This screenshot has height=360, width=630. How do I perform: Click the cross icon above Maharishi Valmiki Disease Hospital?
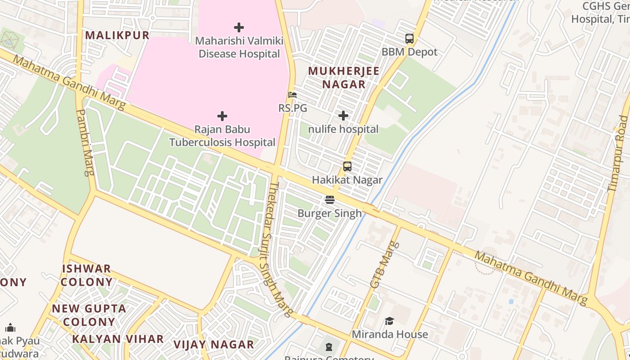tap(239, 27)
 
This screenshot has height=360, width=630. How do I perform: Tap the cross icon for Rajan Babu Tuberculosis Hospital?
tap(222, 116)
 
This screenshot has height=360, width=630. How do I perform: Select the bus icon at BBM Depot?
tap(409, 39)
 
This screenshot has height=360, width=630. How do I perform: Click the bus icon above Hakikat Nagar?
tap(347, 166)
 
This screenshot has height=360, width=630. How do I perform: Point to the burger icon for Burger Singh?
tap(330, 199)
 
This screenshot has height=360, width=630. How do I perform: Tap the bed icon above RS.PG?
tap(292, 95)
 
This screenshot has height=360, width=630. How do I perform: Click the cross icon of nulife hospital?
tap(343, 116)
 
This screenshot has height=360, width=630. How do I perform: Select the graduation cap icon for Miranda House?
tap(389, 321)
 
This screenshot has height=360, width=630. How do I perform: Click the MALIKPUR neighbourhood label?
tap(117, 36)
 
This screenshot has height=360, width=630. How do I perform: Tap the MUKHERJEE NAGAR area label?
tap(344, 77)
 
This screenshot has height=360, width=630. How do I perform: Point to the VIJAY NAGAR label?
tap(214, 345)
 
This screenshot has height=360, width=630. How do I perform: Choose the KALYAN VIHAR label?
tap(118, 339)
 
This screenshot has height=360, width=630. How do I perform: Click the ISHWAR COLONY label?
tap(86, 275)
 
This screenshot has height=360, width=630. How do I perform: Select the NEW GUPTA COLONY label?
tap(89, 315)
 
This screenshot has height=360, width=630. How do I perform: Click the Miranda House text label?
tap(389, 334)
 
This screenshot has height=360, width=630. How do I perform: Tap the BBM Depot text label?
tap(409, 52)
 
